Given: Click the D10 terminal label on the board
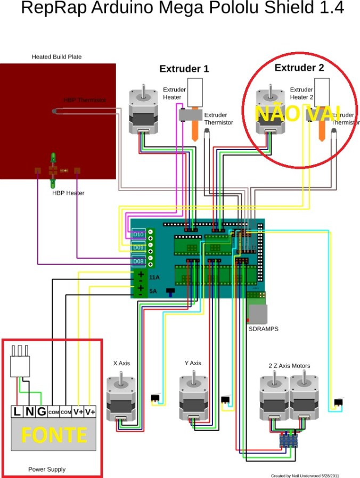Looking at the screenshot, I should click(x=138, y=234).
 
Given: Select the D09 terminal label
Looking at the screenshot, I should click(x=138, y=248).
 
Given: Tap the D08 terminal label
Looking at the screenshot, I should click(x=138, y=261).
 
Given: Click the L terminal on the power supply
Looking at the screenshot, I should click(x=17, y=411).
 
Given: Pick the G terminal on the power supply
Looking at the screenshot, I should click(x=41, y=411).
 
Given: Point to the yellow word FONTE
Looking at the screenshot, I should click(x=54, y=435).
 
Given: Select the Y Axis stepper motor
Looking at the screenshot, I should click(x=193, y=399).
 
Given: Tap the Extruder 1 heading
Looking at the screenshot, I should click(x=184, y=69).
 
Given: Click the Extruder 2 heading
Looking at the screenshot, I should click(x=299, y=68).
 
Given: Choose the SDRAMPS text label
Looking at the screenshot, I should click(x=263, y=329).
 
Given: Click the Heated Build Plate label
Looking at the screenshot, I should click(x=56, y=56).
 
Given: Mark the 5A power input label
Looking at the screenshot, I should click(x=153, y=291).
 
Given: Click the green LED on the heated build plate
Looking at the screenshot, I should click(x=53, y=158).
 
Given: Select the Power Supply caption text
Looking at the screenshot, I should click(x=47, y=469).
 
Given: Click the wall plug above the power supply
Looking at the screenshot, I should click(x=20, y=362).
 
